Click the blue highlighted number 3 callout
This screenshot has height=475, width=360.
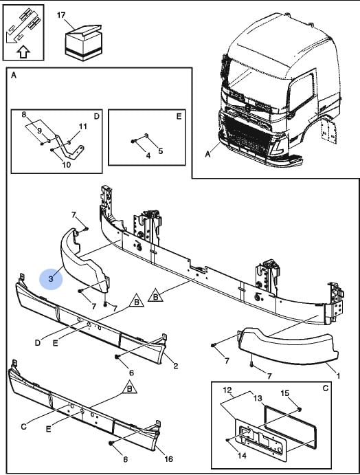click(51, 278)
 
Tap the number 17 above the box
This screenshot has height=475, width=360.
click(61, 15)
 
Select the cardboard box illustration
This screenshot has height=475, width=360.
click(84, 43)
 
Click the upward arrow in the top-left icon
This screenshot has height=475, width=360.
click(23, 52)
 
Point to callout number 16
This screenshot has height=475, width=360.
click(168, 459)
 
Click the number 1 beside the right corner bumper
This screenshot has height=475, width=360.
click(338, 375)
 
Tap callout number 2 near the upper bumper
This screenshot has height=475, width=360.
click(176, 366)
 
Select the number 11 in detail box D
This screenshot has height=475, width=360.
click(82, 126)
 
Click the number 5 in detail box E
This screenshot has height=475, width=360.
click(161, 151)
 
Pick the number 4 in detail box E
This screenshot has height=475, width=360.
click(148, 155)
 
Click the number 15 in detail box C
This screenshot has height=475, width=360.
click(285, 393)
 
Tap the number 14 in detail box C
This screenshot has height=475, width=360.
click(243, 455)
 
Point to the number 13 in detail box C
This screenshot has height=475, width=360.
click(258, 398)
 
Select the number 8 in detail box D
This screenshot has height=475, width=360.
click(24, 115)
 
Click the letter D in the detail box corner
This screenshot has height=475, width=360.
click(96, 116)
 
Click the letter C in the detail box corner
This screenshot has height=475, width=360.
click(326, 388)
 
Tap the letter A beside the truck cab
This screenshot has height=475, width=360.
click(207, 154)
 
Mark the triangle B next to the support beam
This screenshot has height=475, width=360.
click(155, 296)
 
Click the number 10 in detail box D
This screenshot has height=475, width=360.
click(67, 164)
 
